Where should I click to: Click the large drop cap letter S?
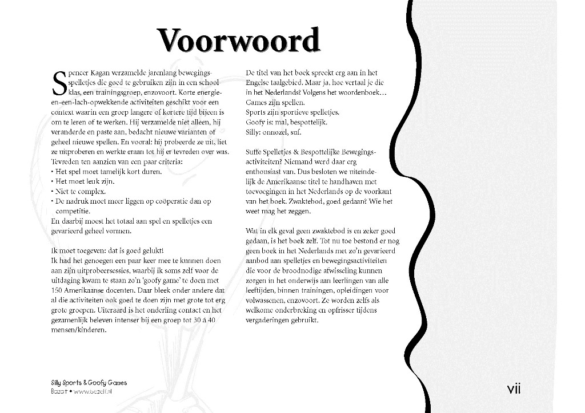point(58,83)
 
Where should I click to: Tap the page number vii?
point(514,389)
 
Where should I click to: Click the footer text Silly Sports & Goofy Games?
point(89,383)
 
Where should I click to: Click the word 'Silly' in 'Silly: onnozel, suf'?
point(254,132)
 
